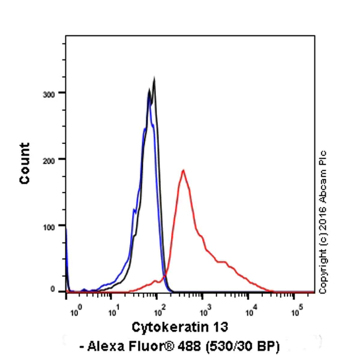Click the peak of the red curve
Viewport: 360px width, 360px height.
click(x=183, y=170)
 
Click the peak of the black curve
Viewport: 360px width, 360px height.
click(x=154, y=79)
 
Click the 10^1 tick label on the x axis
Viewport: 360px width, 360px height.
click(x=113, y=311)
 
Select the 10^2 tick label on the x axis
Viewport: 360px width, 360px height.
click(x=158, y=311)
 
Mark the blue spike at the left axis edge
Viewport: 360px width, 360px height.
click(x=66, y=240)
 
